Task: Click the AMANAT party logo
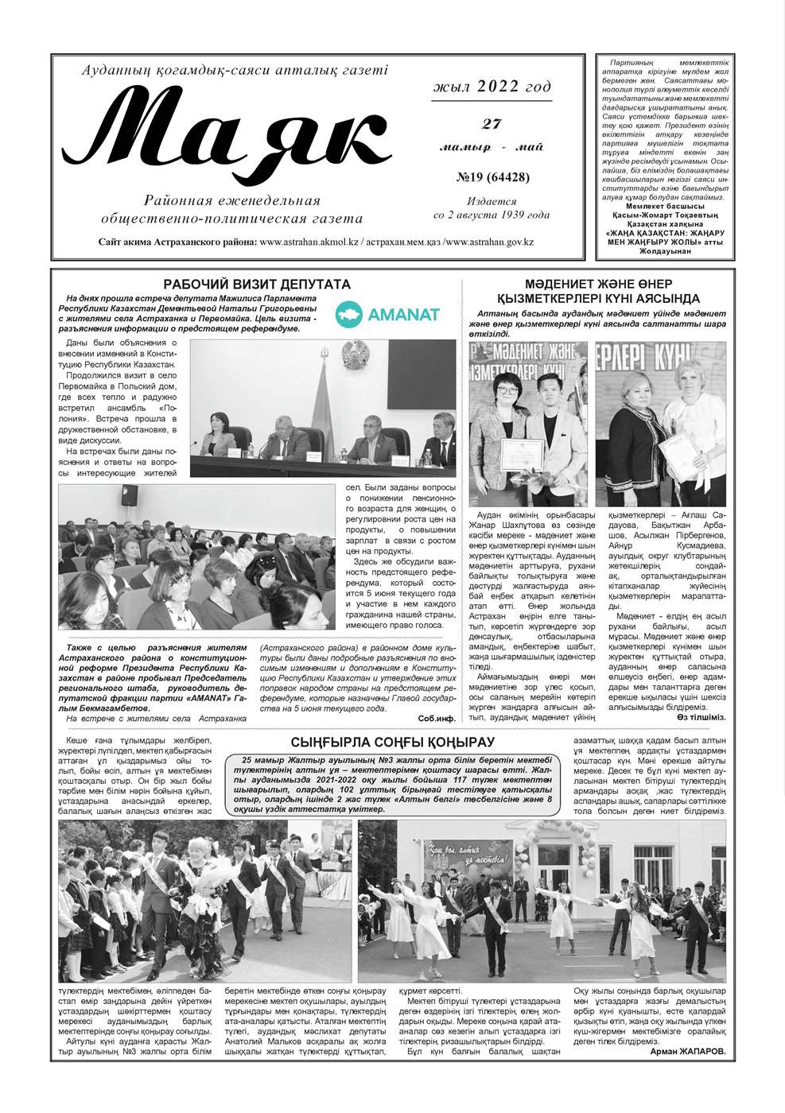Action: pyautogui.click(x=387, y=313)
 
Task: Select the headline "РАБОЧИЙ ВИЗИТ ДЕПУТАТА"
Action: pyautogui.click(x=256, y=284)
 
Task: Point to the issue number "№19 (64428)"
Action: pyautogui.click(x=492, y=177)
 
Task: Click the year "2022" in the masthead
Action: pyautogui.click(x=499, y=87)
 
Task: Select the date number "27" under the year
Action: pyautogui.click(x=492, y=123)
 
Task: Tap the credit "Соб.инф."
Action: pyautogui.click(x=437, y=719)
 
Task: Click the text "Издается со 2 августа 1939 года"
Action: pyautogui.click(x=492, y=208)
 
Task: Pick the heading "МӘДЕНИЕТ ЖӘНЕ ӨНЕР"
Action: pyautogui.click(x=597, y=284)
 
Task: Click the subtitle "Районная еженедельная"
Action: pyautogui.click(x=231, y=200)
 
